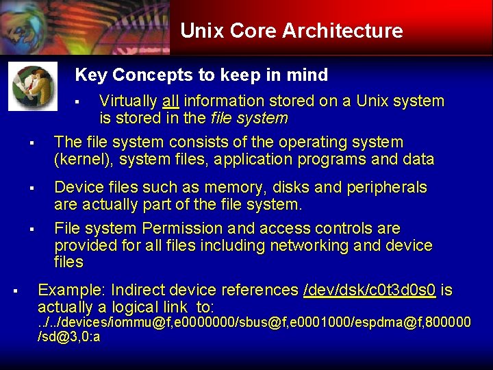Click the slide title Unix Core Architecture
pyautogui.click(x=291, y=31)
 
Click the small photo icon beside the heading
pyautogui.click(x=33, y=86)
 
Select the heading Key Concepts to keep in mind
pyautogui.click(x=201, y=75)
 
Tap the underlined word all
pyautogui.click(x=170, y=101)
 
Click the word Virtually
pyautogui.click(x=128, y=101)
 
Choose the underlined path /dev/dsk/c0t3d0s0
pyautogui.click(x=369, y=290)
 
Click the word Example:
pyautogui.click(x=72, y=290)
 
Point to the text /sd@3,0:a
pyautogui.click(x=69, y=337)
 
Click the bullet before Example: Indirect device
pyautogui.click(x=15, y=291)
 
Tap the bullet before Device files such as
pyautogui.click(x=31, y=188)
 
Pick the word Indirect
pyautogui.click(x=137, y=290)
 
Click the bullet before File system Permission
pyautogui.click(x=31, y=229)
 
